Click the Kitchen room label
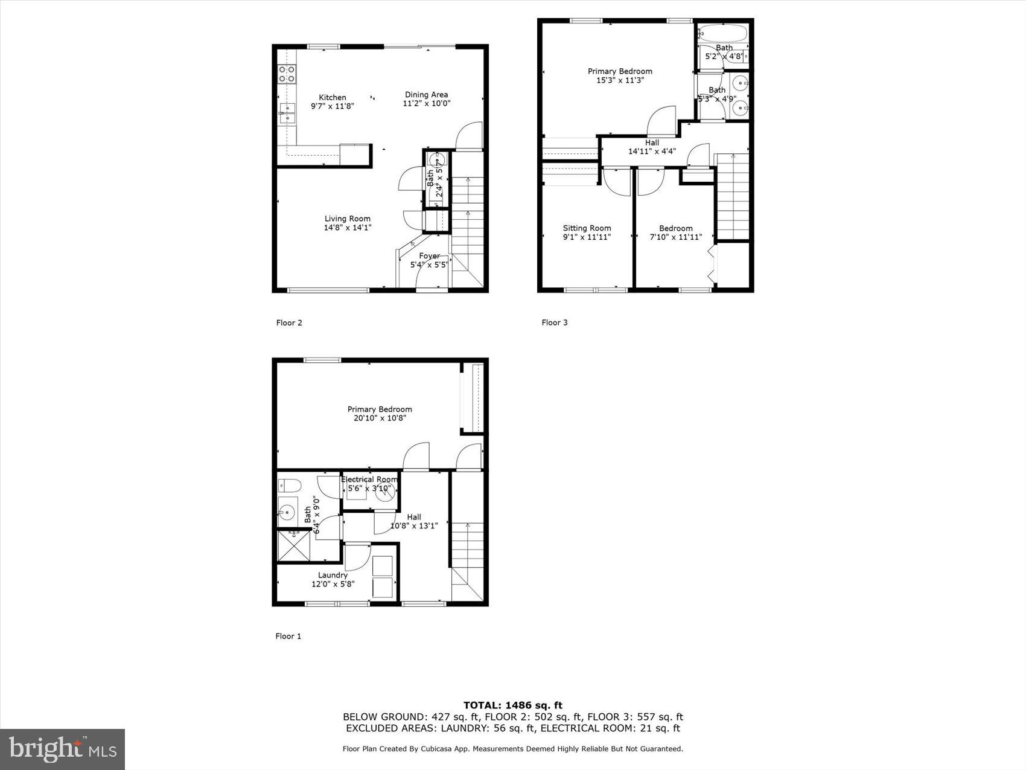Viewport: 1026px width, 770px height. pyautogui.click(x=333, y=97)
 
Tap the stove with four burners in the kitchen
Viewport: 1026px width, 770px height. pyautogui.click(x=287, y=74)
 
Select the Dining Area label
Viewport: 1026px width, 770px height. pyautogui.click(x=426, y=95)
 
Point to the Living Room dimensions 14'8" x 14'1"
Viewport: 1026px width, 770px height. pyautogui.click(x=348, y=228)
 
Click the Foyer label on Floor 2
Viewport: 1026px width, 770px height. pyautogui.click(x=429, y=256)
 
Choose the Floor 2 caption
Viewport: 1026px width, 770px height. pyautogui.click(x=289, y=322)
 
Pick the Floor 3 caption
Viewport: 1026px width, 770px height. pyautogui.click(x=555, y=322)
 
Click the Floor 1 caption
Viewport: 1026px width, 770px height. pyautogui.click(x=288, y=636)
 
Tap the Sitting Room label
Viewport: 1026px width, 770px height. pyautogui.click(x=587, y=228)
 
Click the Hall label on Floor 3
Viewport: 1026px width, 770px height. pyautogui.click(x=652, y=143)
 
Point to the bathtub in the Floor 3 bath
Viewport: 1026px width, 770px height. pyautogui.click(x=723, y=32)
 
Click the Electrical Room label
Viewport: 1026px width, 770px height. pyautogui.click(x=369, y=480)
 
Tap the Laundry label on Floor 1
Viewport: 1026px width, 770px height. pyautogui.click(x=333, y=576)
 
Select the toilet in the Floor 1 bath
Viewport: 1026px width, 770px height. pyautogui.click(x=289, y=485)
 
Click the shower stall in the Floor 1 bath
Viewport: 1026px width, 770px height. pyautogui.click(x=293, y=546)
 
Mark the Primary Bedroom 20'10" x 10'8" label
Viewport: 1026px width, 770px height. pyautogui.click(x=380, y=414)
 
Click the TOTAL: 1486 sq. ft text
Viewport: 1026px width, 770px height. pyautogui.click(x=512, y=705)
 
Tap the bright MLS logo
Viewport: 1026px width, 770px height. pyautogui.click(x=63, y=749)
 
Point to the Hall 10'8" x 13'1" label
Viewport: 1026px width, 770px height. pyautogui.click(x=414, y=521)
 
